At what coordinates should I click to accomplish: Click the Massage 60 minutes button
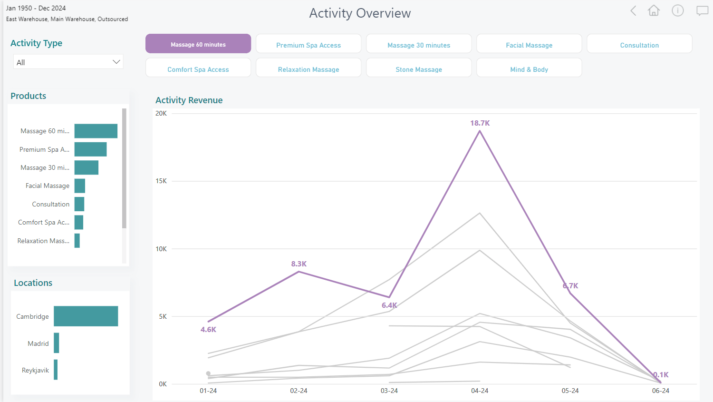pyautogui.click(x=198, y=44)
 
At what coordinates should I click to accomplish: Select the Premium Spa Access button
pyautogui.click(x=308, y=45)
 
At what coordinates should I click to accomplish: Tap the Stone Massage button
pyautogui.click(x=419, y=69)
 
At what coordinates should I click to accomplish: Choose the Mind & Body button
pyautogui.click(x=529, y=69)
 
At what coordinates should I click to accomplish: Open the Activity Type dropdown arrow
pyautogui.click(x=116, y=62)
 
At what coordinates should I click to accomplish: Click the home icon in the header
pyautogui.click(x=654, y=10)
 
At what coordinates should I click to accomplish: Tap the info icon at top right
pyautogui.click(x=677, y=10)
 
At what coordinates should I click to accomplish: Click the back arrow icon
pyautogui.click(x=633, y=10)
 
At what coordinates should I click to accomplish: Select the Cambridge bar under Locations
pyautogui.click(x=86, y=316)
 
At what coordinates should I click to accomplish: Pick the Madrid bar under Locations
pyautogui.click(x=57, y=343)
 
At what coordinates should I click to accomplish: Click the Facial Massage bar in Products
pyautogui.click(x=80, y=186)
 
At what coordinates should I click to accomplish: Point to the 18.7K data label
pyautogui.click(x=480, y=123)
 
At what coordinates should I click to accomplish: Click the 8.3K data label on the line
pyautogui.click(x=299, y=264)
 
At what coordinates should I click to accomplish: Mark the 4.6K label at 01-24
pyautogui.click(x=208, y=330)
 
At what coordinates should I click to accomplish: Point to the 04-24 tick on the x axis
pyautogui.click(x=480, y=391)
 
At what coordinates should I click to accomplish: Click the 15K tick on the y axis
pyautogui.click(x=161, y=181)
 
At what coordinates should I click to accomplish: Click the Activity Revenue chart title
pyautogui.click(x=189, y=100)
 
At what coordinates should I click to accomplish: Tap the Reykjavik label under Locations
pyautogui.click(x=35, y=370)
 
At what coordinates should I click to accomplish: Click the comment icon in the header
pyautogui.click(x=702, y=10)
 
